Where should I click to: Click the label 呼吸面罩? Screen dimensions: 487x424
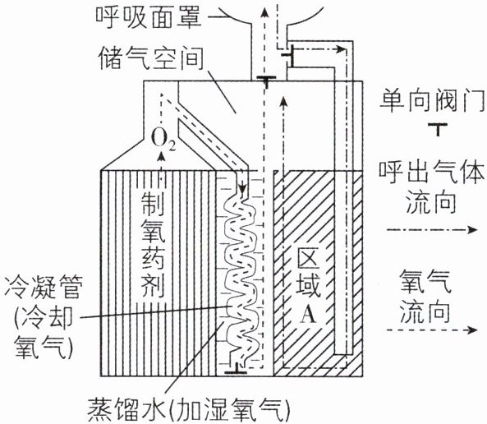pos(149,16)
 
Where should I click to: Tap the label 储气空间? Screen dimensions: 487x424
pos(151,58)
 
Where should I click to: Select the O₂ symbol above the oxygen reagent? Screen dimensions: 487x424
pos(163,140)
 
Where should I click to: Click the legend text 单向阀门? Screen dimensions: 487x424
pos(432,100)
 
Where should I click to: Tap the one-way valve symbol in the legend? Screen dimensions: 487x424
pos(438,129)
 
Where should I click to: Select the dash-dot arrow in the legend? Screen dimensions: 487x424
pos(432,230)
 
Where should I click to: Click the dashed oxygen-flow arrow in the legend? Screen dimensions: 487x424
pos(432,330)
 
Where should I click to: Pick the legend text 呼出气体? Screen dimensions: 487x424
pos(432,172)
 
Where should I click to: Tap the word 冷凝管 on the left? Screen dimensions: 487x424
pos(44,288)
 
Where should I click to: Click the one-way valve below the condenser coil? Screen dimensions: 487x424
pos(236,369)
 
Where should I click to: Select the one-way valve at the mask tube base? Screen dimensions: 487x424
pos(266,80)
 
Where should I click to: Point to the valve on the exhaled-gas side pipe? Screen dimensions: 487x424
pos(289,55)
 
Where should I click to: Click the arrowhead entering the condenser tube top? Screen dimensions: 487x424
pos(242,189)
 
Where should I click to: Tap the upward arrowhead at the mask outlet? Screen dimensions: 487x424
pos(264,13)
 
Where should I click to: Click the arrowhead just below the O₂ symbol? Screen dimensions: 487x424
pos(161,157)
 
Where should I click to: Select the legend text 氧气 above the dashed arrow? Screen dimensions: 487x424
pos(425,282)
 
